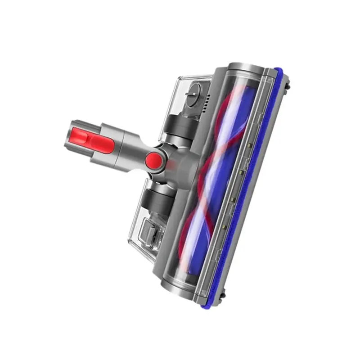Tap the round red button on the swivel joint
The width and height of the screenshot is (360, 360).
pyautogui.click(x=154, y=159)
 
